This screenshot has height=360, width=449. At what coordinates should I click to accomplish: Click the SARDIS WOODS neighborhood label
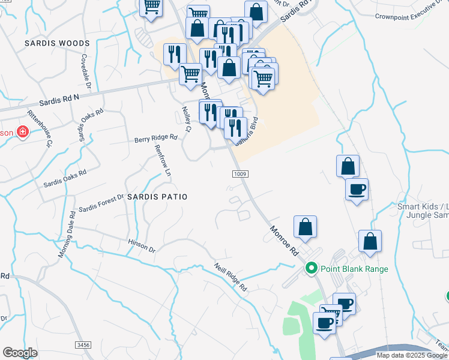(57, 43)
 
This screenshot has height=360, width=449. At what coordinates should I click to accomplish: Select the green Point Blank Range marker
(311, 269)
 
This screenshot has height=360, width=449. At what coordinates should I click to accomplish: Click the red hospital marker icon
(23, 132)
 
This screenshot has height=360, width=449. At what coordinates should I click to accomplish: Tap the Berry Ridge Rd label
(155, 137)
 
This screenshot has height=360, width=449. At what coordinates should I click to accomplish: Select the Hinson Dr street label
(142, 245)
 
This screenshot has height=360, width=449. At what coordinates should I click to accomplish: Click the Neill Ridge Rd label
(231, 277)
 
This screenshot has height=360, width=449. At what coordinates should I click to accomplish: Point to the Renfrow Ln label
(163, 160)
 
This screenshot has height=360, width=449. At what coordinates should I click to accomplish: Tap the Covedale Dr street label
(85, 71)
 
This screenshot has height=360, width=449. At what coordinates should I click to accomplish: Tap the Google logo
(20, 353)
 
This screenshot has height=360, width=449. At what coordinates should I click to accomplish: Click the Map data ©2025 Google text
(412, 355)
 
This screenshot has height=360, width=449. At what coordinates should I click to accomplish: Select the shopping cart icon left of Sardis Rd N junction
(190, 74)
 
